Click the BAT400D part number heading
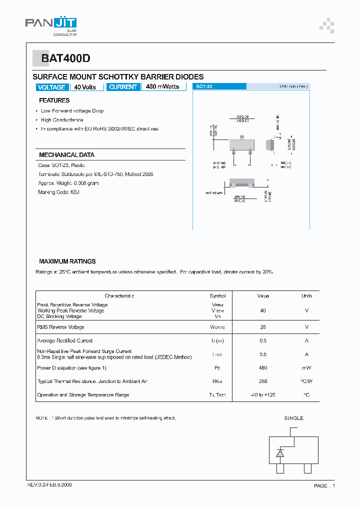[x=65, y=58]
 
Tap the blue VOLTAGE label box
[x=51, y=87]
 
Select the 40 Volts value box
[x=86, y=87]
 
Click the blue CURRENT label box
[x=123, y=87]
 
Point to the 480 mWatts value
[x=162, y=87]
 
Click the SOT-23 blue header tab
[x=219, y=86]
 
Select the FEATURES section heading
[x=54, y=100]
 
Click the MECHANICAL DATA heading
[x=66, y=155]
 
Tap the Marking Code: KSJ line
[x=58, y=192]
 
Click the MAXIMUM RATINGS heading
[x=67, y=261]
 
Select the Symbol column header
[x=217, y=296]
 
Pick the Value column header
[x=263, y=296]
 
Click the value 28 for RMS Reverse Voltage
[x=263, y=327]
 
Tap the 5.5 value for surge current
[x=263, y=354]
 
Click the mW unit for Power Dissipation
[x=306, y=368]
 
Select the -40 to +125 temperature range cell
[x=263, y=395]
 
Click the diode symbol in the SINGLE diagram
[x=280, y=453]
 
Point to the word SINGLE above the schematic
[x=294, y=418]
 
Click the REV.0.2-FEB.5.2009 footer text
[x=49, y=485]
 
